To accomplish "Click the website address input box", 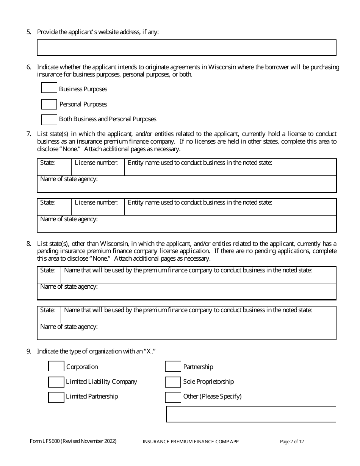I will [x=186, y=48].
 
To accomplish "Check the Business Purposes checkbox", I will [x=49, y=88].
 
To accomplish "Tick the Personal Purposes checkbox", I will [x=49, y=104].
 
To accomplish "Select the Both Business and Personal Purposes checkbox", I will [x=49, y=120].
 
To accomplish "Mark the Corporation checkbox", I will [x=56, y=366].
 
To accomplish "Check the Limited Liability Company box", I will [x=56, y=382].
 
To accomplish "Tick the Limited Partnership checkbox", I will [x=56, y=397].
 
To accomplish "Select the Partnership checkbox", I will [x=173, y=366].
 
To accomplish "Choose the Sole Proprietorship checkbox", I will [x=173, y=382].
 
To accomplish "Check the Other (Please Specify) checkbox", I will [x=173, y=397].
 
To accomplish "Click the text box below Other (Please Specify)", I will [x=251, y=414].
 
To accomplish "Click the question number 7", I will [x=29, y=134].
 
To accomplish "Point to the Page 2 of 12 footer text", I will [x=292, y=442].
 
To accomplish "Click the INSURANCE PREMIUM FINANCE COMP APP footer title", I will [x=190, y=442].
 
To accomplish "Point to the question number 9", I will [x=29, y=351].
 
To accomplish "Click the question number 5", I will [x=29, y=32].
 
